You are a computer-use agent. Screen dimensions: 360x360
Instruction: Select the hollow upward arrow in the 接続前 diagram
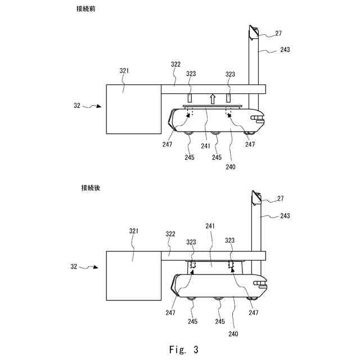212,100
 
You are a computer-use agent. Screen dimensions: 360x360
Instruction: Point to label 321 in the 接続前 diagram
124,71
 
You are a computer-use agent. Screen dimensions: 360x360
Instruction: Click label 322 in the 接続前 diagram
175,65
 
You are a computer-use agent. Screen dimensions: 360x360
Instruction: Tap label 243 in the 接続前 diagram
285,49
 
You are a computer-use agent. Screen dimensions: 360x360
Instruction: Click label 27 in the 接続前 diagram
278,34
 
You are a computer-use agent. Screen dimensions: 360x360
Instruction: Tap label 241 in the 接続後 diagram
210,227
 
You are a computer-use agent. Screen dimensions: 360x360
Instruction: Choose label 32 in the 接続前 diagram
77,105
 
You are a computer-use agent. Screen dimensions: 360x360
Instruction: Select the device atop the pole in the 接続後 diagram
255,196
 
